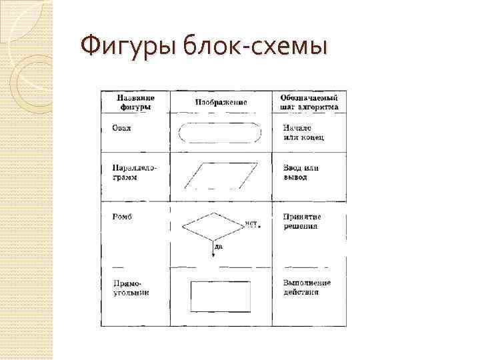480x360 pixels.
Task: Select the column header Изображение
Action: click(221, 103)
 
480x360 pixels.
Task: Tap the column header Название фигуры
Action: click(135, 102)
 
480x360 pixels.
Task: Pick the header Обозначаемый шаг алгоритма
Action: click(309, 102)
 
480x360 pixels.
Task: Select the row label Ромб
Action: click(121, 217)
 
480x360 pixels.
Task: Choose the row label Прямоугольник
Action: click(131, 287)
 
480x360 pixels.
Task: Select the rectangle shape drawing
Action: click(221, 297)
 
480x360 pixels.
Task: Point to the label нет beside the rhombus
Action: click(251, 223)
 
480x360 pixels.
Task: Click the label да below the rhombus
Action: click(219, 247)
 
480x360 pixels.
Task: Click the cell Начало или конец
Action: click(303, 132)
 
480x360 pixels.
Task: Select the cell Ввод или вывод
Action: click(301, 172)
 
